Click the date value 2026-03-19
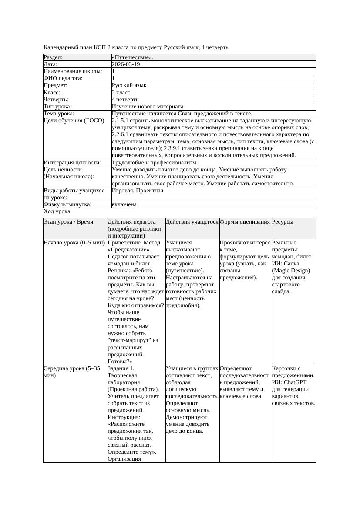pyautogui.click(x=126, y=64)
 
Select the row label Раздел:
pyautogui.click(x=53, y=57)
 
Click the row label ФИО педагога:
pyautogui.click(x=63, y=78)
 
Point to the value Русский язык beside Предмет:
pyautogui.click(x=129, y=85)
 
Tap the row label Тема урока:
pyautogui.click(x=59, y=114)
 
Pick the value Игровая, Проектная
pyautogui.click(x=138, y=191)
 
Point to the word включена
pyautogui.click(x=124, y=204)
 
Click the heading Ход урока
pyautogui.click(x=57, y=211)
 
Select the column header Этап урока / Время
pyautogui.click(x=68, y=222)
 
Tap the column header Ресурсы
pyautogui.click(x=283, y=222)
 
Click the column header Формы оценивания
pyautogui.click(x=245, y=222)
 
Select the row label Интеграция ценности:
pyautogui.click(x=72, y=163)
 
